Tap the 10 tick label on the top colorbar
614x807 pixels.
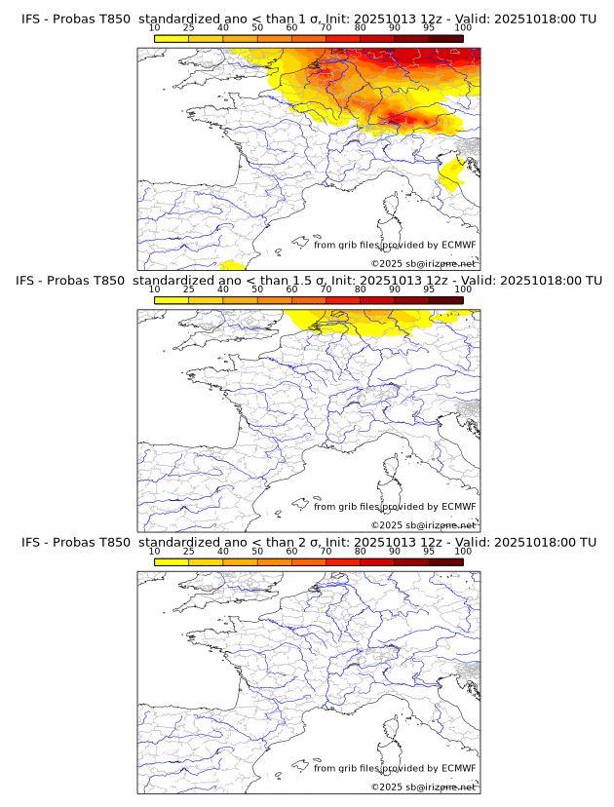(154, 27)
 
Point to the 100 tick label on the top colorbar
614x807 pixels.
(463, 27)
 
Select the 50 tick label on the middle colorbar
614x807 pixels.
(257, 289)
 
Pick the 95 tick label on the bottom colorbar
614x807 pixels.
(429, 551)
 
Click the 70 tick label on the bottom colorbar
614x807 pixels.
(326, 551)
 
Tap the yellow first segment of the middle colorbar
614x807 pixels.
(172, 299)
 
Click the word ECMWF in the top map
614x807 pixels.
(459, 245)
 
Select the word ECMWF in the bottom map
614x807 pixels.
(459, 768)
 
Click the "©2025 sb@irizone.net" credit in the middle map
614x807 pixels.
(423, 524)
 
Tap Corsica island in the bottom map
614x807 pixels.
(392, 729)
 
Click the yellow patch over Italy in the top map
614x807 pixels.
(451, 175)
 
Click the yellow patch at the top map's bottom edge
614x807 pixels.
(232, 265)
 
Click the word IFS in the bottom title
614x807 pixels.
(30, 542)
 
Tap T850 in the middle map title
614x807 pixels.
(113, 281)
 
